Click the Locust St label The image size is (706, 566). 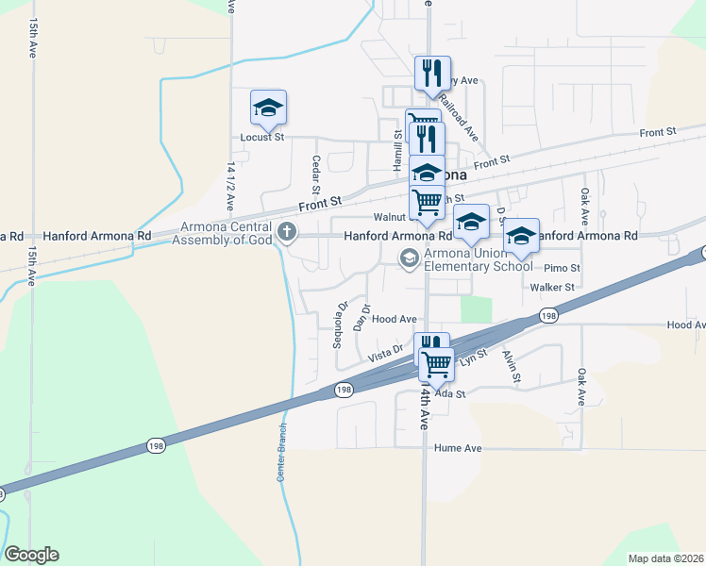click(262, 138)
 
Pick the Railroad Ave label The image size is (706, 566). click(459, 119)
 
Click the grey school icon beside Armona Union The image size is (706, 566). click(409, 258)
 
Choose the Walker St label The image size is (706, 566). click(552, 287)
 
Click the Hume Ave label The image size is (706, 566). click(458, 448)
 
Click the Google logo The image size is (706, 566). click(31, 555)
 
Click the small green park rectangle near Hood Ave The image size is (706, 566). click(477, 309)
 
